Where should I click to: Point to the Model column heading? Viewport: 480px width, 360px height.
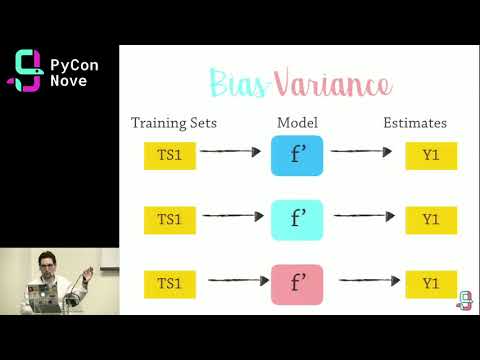click(x=297, y=123)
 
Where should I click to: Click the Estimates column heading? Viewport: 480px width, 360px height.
click(x=415, y=123)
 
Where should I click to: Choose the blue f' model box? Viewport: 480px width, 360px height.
click(x=297, y=155)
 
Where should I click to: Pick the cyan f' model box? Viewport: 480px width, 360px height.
click(x=297, y=218)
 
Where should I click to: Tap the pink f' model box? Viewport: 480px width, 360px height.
click(x=297, y=283)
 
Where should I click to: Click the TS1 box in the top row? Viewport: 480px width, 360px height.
click(x=169, y=156)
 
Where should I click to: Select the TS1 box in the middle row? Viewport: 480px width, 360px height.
click(x=169, y=219)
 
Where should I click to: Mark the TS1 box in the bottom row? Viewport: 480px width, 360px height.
click(x=169, y=284)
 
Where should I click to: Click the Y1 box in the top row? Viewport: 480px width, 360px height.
click(x=430, y=156)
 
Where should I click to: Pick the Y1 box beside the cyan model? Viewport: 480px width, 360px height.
click(x=430, y=219)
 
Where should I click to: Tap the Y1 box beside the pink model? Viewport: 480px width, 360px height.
click(x=430, y=284)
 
